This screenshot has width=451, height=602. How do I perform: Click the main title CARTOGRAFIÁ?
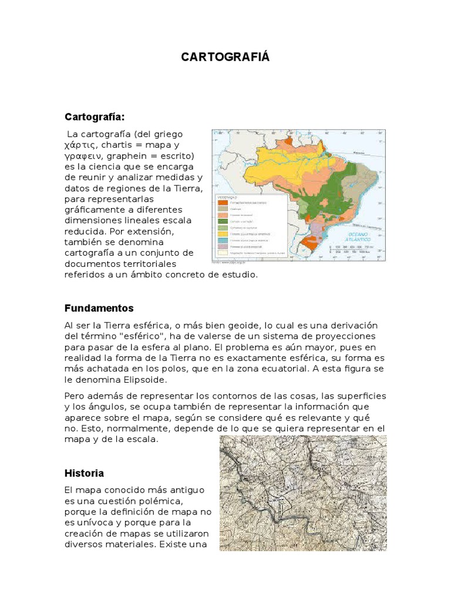(225, 57)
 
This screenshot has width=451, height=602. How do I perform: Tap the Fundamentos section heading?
(99, 308)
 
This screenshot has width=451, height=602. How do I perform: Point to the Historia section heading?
(84, 473)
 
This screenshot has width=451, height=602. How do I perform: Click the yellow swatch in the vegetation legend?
(222, 234)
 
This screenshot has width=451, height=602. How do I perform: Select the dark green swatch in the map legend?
(222, 221)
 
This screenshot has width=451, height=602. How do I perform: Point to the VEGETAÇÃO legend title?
(227, 197)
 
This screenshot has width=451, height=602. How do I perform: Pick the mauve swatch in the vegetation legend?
(222, 247)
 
